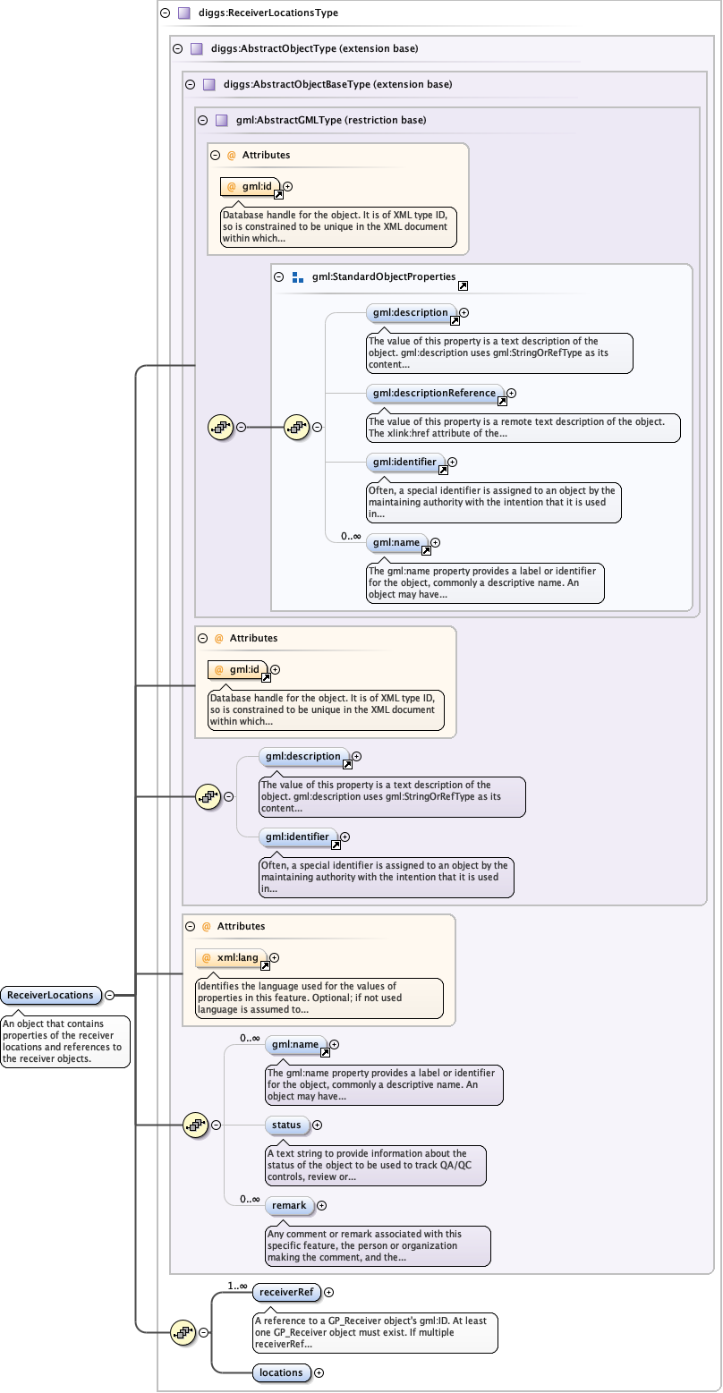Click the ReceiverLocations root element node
(50, 995)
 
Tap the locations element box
(281, 1372)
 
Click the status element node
(286, 1125)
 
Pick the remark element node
(289, 1205)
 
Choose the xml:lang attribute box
(232, 958)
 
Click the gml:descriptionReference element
(435, 393)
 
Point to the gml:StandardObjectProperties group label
(384, 277)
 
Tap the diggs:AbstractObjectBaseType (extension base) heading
(337, 84)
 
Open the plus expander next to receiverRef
(328, 1292)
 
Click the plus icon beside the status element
(317, 1125)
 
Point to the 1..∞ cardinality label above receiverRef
(237, 1286)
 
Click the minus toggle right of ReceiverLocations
(109, 995)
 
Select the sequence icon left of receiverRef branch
(183, 1332)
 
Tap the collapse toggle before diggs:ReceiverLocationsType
(165, 13)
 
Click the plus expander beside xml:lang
(274, 958)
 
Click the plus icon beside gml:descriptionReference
(511, 393)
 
